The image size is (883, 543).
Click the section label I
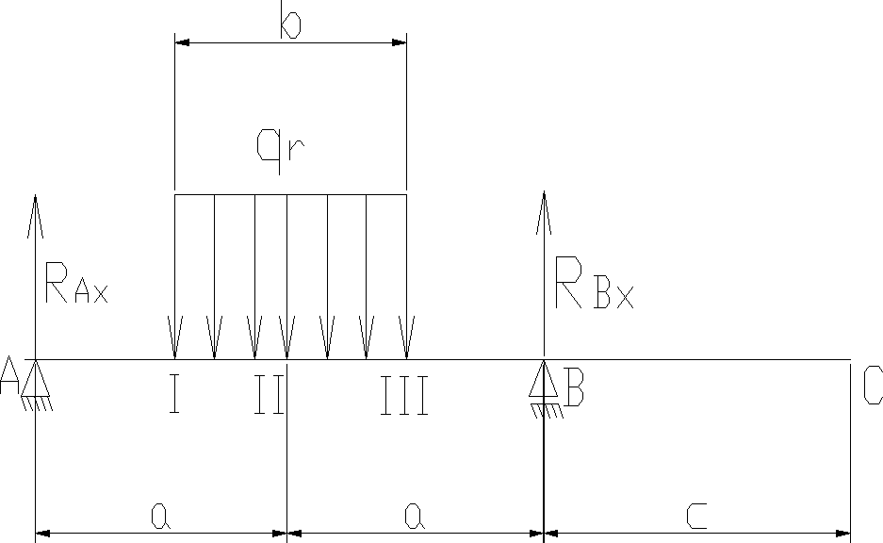[x=174, y=396]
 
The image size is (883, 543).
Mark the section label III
[x=404, y=396]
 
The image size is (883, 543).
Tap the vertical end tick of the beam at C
[x=850, y=443]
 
